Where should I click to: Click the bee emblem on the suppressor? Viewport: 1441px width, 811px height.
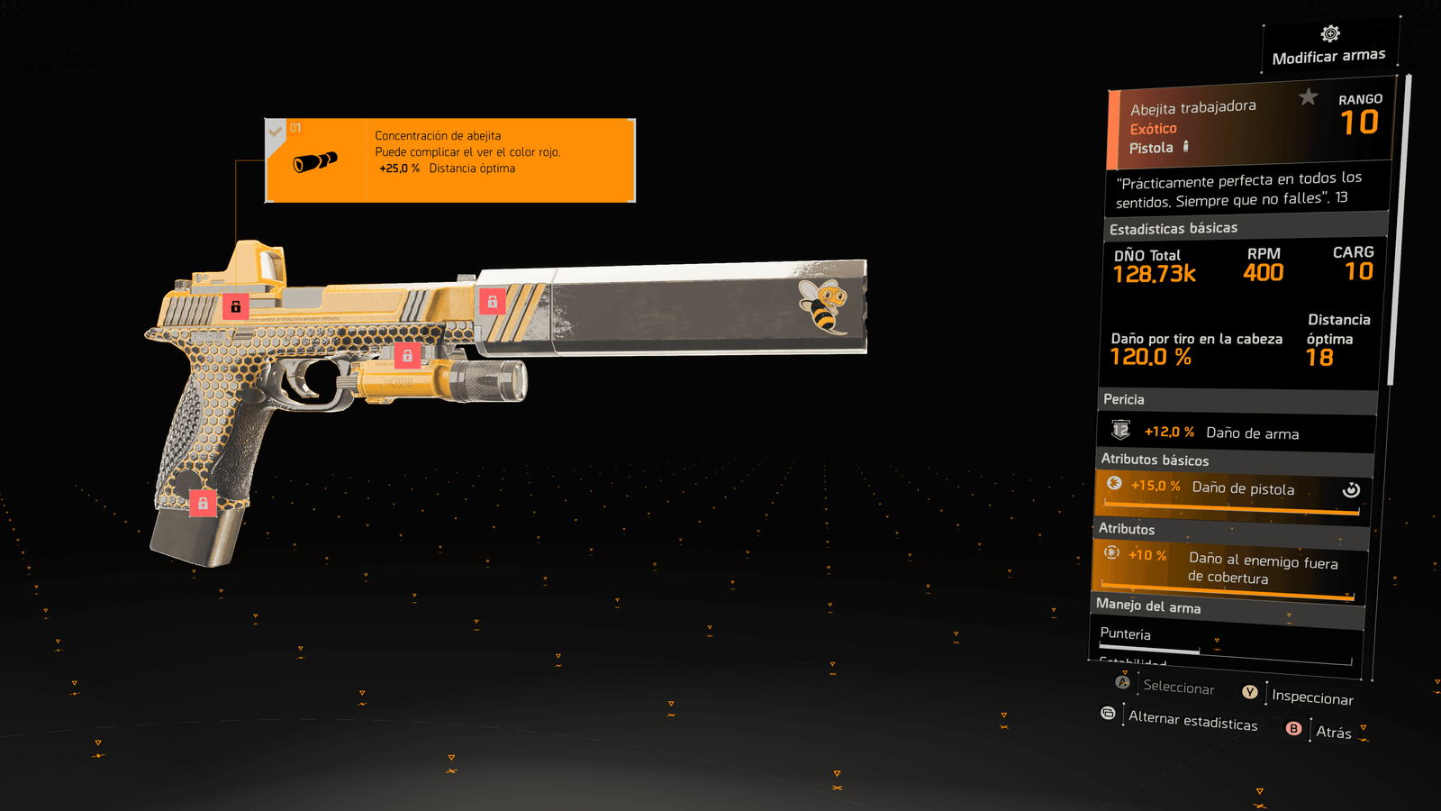[823, 305]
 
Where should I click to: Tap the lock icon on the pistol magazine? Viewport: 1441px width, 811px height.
[203, 503]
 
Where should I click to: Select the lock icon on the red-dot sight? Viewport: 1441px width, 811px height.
[235, 306]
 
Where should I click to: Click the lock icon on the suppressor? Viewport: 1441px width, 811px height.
[492, 302]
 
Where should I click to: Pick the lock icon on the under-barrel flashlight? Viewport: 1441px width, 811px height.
[407, 355]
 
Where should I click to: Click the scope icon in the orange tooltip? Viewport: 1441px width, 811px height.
[315, 162]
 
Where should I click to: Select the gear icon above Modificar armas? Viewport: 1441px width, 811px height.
[1330, 34]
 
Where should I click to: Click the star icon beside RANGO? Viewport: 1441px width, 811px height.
[1309, 96]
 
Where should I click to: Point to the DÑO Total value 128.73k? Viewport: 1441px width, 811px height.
[1154, 274]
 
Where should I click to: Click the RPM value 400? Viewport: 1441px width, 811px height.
[1263, 272]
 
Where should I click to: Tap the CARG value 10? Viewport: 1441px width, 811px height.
[1358, 271]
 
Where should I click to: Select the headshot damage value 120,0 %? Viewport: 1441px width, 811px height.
[1150, 357]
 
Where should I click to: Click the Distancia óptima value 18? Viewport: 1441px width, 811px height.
[1319, 358]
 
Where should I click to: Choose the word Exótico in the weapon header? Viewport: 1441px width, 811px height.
[1153, 129]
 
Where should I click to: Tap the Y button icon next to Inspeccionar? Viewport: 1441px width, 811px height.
[1250, 692]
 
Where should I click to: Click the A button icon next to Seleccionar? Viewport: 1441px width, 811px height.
[1122, 682]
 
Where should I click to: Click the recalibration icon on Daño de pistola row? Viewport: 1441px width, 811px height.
[1351, 489]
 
